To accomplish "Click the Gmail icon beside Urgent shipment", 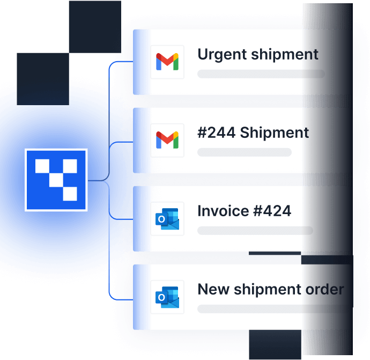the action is click(167, 62).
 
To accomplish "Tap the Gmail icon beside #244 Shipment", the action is click(167, 141).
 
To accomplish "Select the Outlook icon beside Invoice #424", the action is click(167, 219).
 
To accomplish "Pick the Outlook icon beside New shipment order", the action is click(167, 297).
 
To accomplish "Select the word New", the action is click(211, 289).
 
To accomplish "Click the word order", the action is click(325, 289).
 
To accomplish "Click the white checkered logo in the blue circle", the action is click(56, 179).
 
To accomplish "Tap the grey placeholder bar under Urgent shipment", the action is click(261, 74).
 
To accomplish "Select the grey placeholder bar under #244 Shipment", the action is click(245, 152).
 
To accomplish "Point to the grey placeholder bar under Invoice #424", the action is click(255, 231).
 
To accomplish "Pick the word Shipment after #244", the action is click(275, 133).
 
